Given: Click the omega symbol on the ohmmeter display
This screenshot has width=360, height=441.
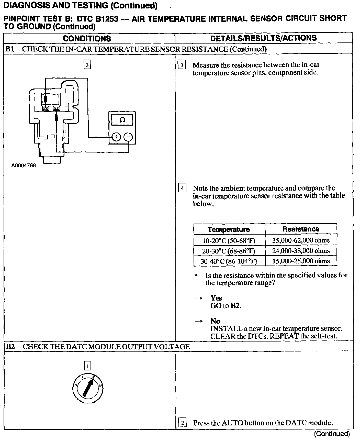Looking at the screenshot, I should pos(122,120).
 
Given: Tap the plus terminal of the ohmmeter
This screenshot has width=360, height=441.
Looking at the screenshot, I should pos(116,137).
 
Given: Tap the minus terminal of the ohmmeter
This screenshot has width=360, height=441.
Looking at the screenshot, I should pos(128,137).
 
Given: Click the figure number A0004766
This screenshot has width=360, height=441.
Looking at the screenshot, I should pos(24,166).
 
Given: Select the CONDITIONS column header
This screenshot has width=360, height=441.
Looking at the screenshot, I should pos(87,38).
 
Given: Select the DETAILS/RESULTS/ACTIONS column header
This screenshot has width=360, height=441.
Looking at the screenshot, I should pos(263,38).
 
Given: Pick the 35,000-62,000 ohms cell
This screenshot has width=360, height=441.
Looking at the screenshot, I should pos(301,240).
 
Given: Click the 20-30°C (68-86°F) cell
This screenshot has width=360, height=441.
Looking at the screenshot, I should pos(229,251).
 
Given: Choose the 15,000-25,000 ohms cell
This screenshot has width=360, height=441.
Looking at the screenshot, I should pos(301,261).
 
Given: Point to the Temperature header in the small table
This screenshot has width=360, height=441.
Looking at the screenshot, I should pos(229,229).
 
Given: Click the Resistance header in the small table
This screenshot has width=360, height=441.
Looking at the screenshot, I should pos(301,229).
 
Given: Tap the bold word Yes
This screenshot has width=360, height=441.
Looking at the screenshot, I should pos(216,298).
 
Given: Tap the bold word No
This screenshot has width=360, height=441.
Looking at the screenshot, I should pos(215,321).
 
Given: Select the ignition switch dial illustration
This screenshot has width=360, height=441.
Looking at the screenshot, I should pos(88,389).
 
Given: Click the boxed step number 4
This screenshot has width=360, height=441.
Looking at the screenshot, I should pos(182,189).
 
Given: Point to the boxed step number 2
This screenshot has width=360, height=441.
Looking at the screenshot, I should pos(182,423).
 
